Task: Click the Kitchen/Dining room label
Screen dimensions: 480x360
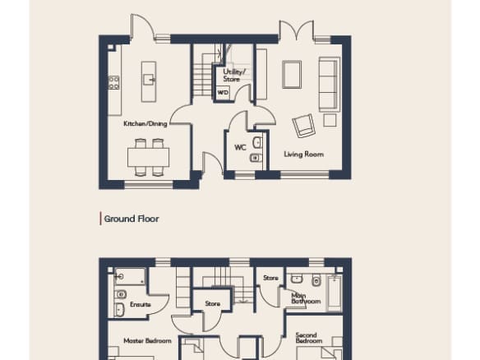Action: tap(145, 123)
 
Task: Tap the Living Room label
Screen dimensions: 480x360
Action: tap(303, 155)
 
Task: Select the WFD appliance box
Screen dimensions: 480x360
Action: tap(223, 92)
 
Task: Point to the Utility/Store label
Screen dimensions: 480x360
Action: tap(234, 76)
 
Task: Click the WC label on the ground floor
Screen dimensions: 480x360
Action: tap(240, 148)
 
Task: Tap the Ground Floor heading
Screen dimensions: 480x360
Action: tap(132, 219)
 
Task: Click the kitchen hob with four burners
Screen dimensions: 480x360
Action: tap(113, 83)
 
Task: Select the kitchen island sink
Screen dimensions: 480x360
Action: tap(150, 80)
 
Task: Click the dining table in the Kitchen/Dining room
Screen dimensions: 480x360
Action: tap(149, 157)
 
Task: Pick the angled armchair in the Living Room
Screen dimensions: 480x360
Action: tap(303, 126)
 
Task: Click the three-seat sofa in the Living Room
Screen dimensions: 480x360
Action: tap(329, 84)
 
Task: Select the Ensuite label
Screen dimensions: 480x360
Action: tap(141, 305)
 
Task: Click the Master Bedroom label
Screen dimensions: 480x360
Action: tap(147, 341)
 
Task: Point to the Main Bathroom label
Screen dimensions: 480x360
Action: tap(306, 298)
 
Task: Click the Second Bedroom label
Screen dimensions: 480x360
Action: tap(308, 338)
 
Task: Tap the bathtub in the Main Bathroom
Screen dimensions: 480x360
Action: tap(335, 293)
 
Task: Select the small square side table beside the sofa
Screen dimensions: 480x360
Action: tap(330, 120)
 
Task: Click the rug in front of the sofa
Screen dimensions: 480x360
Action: tap(292, 75)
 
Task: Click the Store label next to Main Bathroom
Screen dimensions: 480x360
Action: tap(270, 278)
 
